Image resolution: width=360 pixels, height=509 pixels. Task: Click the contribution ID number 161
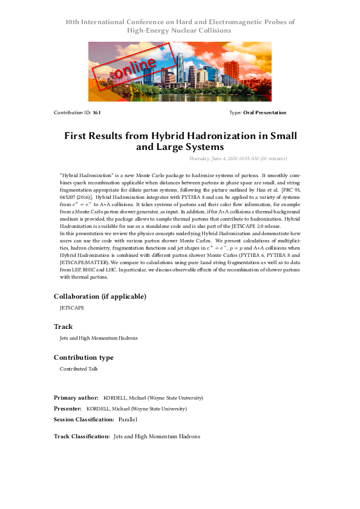coord(97,113)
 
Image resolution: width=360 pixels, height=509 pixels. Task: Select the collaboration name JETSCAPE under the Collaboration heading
coord(72,308)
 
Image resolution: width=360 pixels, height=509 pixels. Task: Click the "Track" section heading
coord(63,326)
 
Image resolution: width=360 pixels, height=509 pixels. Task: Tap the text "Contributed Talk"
coord(79,369)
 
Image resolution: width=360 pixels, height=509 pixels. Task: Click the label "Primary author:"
coord(76,398)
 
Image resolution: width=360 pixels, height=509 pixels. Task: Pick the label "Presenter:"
coord(68,409)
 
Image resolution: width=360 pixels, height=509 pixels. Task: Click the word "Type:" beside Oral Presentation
coord(235,113)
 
